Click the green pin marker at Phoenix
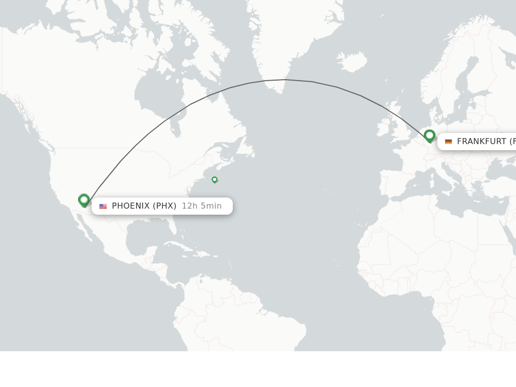[84, 200]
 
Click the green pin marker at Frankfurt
[429, 136]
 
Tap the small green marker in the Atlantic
[215, 179]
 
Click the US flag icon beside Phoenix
[103, 206]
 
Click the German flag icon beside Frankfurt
[448, 142]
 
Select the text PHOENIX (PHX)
[144, 206]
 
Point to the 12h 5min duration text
[202, 206]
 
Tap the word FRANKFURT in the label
[481, 141]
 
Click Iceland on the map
[351, 61]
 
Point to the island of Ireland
[384, 127]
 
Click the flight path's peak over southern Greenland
[285, 80]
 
